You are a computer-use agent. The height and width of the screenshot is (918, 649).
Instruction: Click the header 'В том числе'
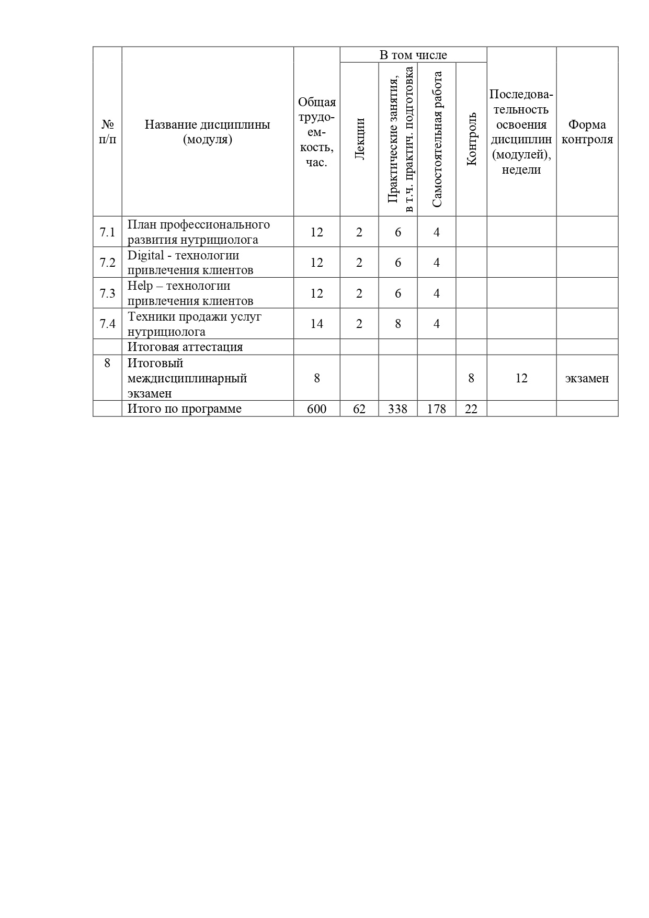coord(413,55)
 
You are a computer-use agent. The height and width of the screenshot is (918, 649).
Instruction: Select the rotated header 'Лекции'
coord(359,139)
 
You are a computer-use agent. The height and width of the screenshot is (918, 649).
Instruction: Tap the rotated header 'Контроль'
coord(471,139)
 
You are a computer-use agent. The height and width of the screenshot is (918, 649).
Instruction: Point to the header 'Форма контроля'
coord(587,132)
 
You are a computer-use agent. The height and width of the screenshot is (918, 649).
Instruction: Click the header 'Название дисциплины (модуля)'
coord(208,132)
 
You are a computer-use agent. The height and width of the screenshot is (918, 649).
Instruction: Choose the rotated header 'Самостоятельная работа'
coord(437,139)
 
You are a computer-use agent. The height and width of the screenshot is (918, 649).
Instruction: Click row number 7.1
coord(107,232)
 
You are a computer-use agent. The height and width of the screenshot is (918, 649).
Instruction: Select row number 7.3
coord(107,293)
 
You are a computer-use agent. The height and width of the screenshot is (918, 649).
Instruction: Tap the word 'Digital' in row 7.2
coord(146,256)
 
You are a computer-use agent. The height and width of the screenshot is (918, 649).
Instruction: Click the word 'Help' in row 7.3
coord(140,286)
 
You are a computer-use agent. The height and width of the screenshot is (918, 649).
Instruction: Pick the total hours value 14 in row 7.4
coord(316,324)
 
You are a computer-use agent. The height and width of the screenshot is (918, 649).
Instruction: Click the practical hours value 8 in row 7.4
coord(398,324)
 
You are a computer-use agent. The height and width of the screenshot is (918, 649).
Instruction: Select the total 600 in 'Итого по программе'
coord(316,409)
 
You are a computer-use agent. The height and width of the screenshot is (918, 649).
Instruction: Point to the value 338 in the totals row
coord(398,409)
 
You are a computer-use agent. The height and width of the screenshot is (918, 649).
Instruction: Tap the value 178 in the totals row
coord(437,409)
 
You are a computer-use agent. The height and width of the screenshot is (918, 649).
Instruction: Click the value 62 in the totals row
coord(359,409)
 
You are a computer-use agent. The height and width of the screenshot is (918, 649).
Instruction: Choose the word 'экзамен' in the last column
coord(587,378)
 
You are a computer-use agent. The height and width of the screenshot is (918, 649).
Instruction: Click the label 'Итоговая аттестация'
coord(185,347)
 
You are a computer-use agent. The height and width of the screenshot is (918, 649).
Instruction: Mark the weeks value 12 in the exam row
coord(521,378)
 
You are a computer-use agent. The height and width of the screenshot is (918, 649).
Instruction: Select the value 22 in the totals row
coord(471,409)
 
